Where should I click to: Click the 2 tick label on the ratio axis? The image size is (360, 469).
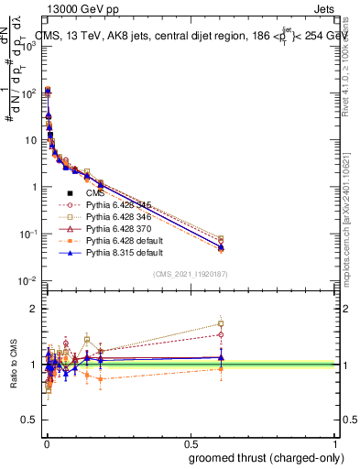[x=33, y=309]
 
